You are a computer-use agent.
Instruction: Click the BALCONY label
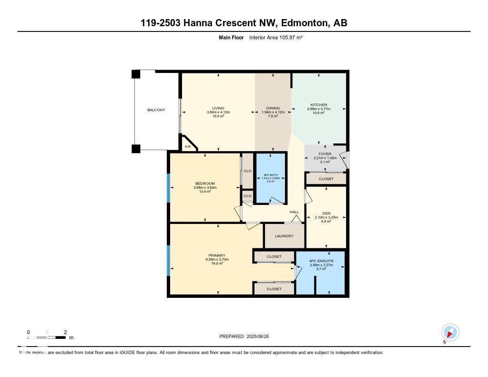156,110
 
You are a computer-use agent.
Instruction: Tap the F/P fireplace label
188,146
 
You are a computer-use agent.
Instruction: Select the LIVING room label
218,108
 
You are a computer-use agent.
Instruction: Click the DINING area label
273,108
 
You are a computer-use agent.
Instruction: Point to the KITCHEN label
318,105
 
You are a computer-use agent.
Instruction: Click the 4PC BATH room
270,178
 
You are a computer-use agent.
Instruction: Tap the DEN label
326,213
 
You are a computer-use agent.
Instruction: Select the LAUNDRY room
284,236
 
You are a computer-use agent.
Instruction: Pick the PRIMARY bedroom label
217,255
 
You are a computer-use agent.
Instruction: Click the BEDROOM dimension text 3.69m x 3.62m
205,188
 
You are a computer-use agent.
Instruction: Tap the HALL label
294,212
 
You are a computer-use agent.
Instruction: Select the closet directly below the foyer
326,179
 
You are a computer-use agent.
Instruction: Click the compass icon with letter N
450,332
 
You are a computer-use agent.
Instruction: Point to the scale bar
47,337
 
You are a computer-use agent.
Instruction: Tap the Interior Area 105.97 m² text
276,37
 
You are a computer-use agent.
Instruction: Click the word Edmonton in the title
304,23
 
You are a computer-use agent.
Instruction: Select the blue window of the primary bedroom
168,260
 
